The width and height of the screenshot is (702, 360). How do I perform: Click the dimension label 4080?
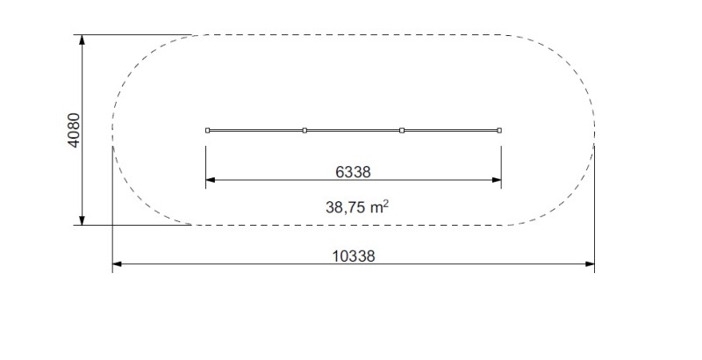[x=74, y=130]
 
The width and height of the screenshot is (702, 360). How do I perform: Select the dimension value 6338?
[x=354, y=172]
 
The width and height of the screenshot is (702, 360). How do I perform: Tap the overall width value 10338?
[x=354, y=256]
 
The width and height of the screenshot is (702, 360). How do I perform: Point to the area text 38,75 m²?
[x=357, y=207]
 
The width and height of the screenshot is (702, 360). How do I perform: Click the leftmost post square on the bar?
[x=207, y=130]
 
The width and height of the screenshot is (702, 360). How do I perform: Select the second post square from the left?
[x=304, y=130]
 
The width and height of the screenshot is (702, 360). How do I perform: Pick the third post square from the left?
[x=402, y=130]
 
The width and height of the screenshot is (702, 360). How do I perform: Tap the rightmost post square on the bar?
[x=499, y=130]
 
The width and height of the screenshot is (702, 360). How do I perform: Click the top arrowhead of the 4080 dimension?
[x=82, y=40]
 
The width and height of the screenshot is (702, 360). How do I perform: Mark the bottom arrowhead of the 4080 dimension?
[x=82, y=220]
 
